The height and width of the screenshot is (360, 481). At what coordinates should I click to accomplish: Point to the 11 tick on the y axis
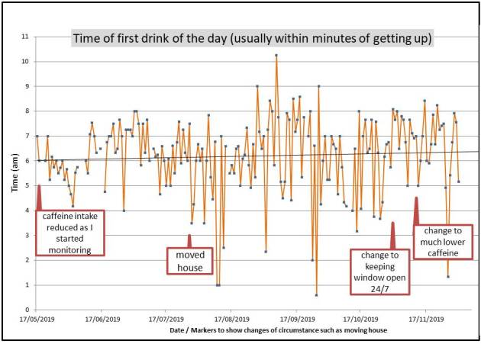click(26, 37)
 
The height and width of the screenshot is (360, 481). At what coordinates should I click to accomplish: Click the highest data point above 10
click(276, 55)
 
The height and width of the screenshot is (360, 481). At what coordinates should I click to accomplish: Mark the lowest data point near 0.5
click(316, 295)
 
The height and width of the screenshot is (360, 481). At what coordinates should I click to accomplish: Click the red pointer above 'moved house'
click(189, 240)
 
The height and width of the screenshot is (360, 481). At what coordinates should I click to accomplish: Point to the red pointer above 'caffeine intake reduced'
click(38, 196)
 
